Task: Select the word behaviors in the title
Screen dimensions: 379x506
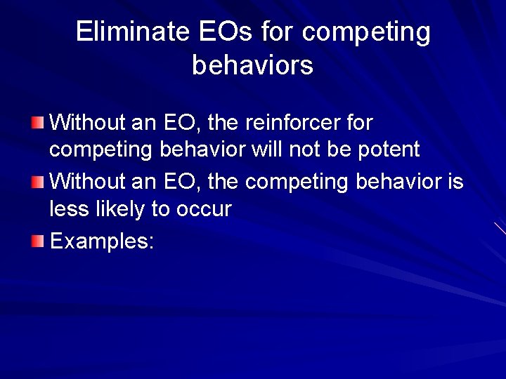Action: click(x=252, y=65)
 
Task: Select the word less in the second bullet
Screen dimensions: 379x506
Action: click(x=65, y=209)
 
